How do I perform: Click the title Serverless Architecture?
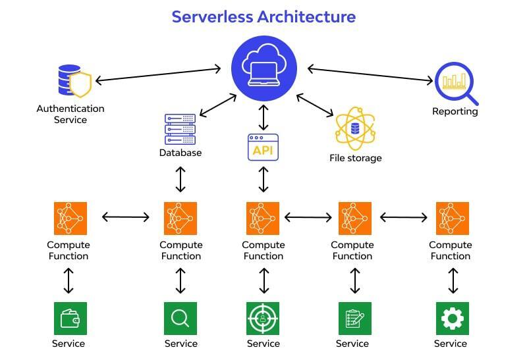(263, 16)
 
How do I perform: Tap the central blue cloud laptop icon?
(263, 68)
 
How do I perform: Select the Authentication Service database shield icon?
(73, 81)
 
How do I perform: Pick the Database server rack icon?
(180, 129)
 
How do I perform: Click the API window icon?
(263, 147)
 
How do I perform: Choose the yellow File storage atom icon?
(355, 128)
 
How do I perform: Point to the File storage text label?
(355, 158)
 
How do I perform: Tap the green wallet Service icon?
(69, 319)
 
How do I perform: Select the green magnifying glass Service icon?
(180, 319)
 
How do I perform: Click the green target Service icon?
(263, 319)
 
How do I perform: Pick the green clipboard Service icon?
(354, 319)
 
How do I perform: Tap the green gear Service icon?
(452, 319)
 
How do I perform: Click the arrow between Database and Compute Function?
(180, 179)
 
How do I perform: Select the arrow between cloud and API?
(263, 117)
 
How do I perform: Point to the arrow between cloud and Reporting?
(369, 74)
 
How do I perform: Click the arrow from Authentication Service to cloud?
(158, 74)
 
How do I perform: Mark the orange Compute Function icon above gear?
(452, 218)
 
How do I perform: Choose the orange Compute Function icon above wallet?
(69, 218)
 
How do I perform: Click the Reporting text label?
(455, 111)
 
